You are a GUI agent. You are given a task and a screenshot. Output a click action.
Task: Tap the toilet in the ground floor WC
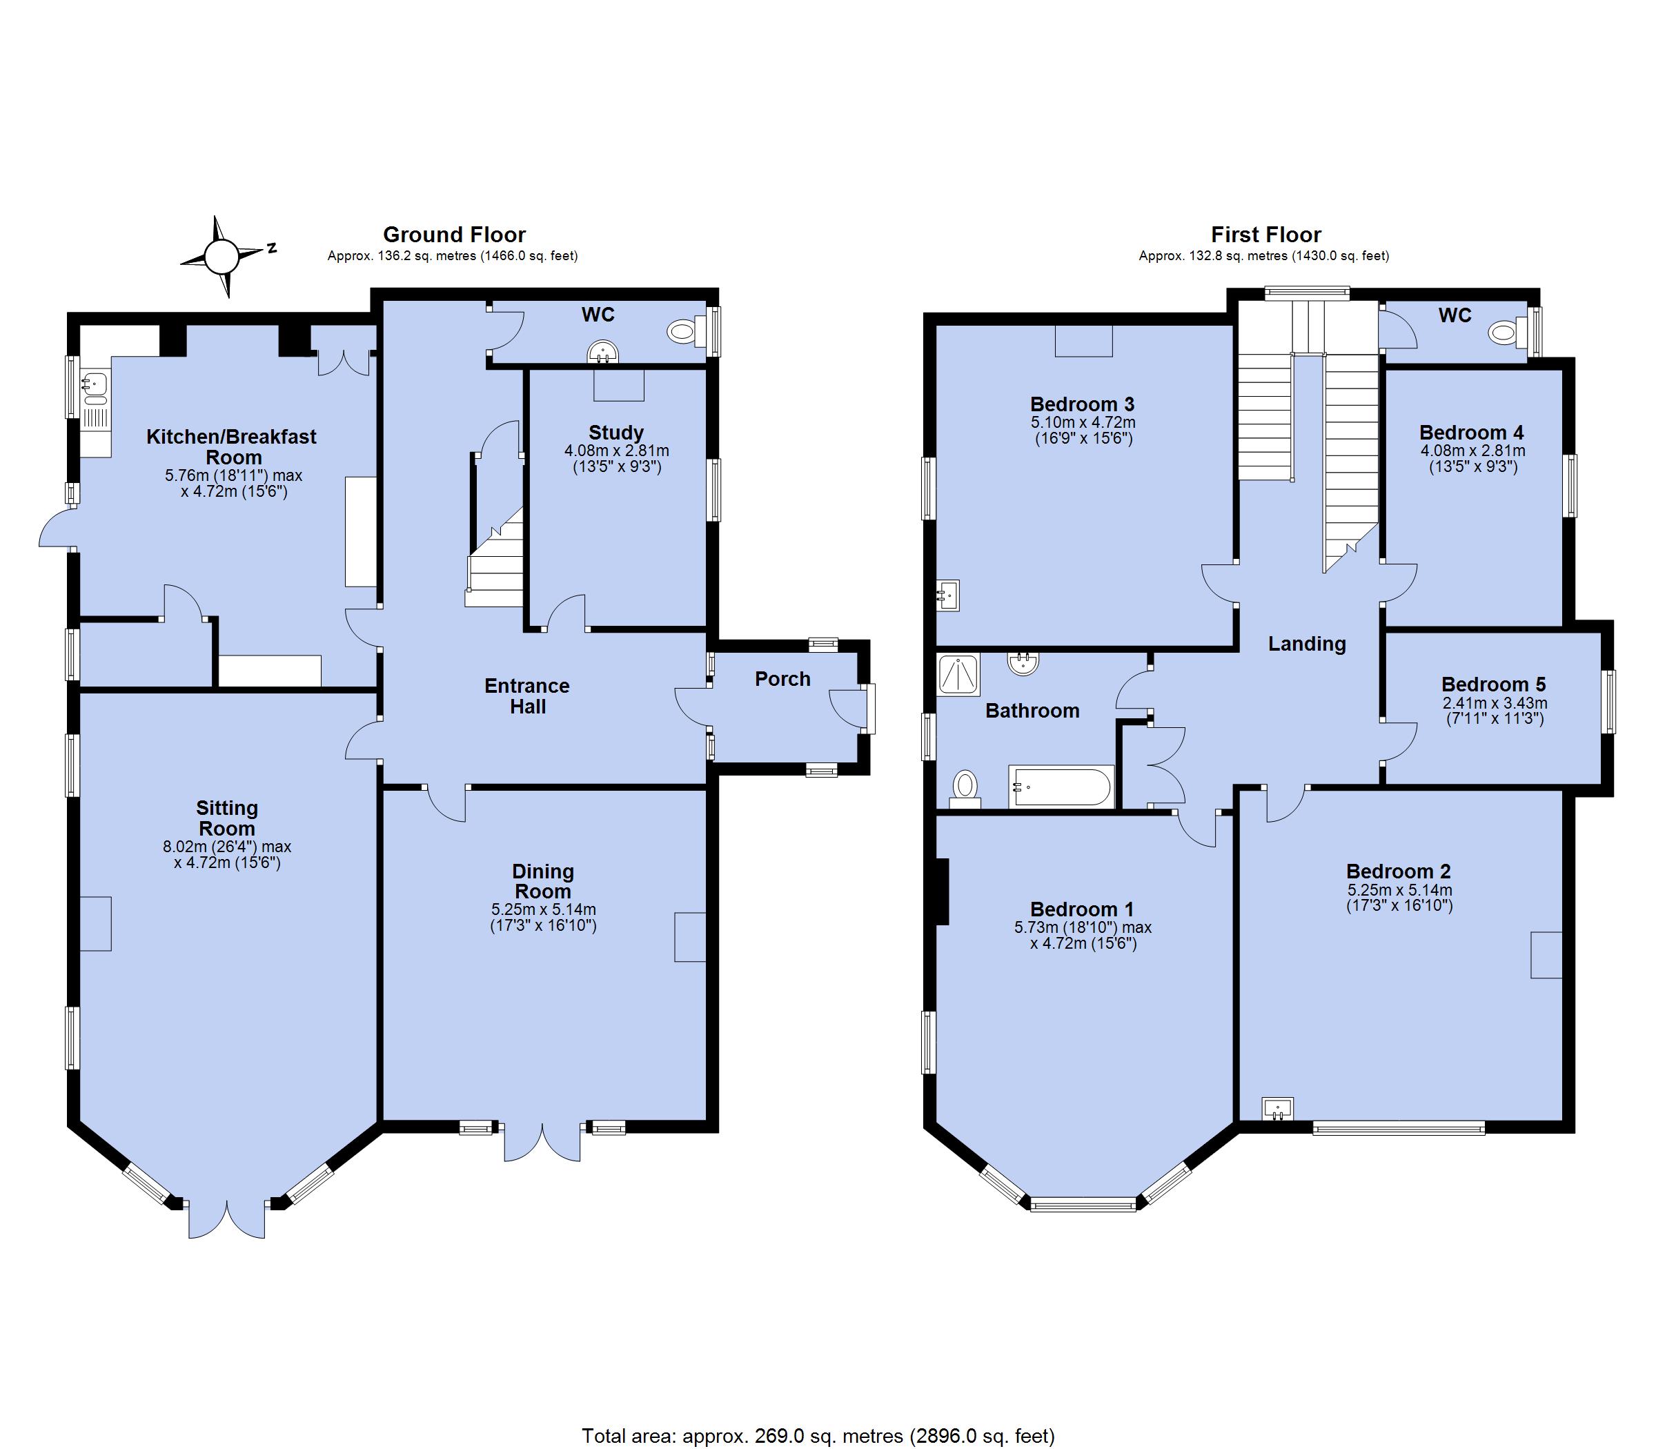pyautogui.click(x=687, y=330)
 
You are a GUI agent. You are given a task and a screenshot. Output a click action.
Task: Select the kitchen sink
pyautogui.click(x=95, y=387)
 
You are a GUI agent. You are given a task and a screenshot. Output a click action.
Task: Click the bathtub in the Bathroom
pyautogui.click(x=1060, y=786)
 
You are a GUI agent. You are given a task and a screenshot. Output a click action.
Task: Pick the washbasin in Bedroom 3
pyautogui.click(x=947, y=595)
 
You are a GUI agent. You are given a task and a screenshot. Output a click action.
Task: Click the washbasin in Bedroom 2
pyautogui.click(x=1278, y=1107)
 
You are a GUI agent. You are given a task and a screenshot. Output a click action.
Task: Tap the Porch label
pyautogui.click(x=782, y=679)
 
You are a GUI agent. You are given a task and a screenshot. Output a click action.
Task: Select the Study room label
pyautogui.click(x=616, y=433)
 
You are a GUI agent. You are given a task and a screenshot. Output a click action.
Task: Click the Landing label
pyautogui.click(x=1307, y=644)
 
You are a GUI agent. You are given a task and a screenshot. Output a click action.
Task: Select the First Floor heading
pyautogui.click(x=1265, y=235)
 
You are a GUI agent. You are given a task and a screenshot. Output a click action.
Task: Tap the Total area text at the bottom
pyautogui.click(x=818, y=1436)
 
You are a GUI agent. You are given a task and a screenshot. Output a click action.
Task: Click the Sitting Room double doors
pyautogui.click(x=227, y=1218)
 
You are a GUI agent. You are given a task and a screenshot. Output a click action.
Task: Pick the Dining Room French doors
pyautogui.click(x=542, y=1141)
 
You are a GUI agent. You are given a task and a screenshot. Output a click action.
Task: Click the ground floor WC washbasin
pyautogui.click(x=604, y=353)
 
